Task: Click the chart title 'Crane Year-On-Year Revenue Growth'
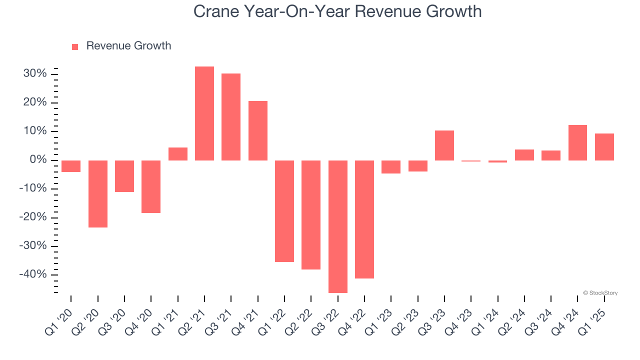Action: [337, 11]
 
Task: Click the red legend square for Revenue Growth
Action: [75, 46]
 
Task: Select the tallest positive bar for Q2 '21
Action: [204, 113]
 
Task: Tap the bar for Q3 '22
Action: [337, 226]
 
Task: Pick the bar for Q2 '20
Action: [98, 194]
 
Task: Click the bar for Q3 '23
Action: [444, 145]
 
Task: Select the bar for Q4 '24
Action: [577, 142]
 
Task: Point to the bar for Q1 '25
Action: [604, 147]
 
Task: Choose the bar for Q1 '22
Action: [284, 211]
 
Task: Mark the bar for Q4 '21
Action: [258, 130]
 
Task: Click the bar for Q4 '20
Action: [151, 186]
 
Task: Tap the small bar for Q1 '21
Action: [178, 154]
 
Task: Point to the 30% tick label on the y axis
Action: [34, 74]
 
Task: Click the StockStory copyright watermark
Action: [600, 293]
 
